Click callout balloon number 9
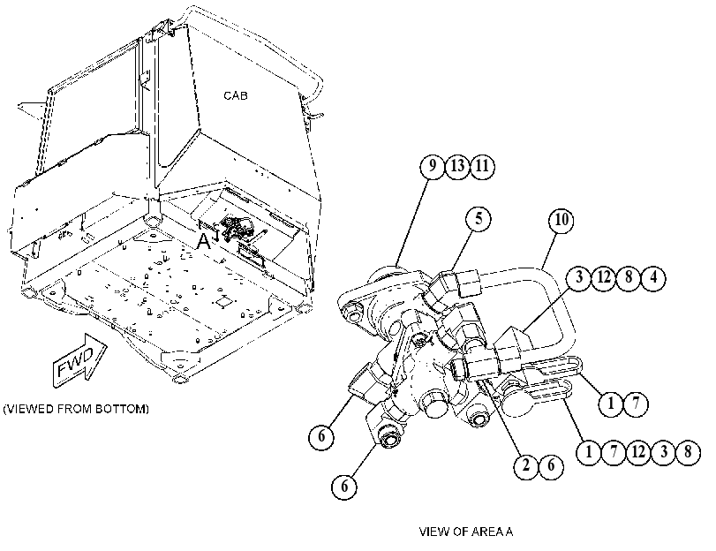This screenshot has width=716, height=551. click(432, 166)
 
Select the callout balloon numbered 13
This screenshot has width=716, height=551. click(457, 166)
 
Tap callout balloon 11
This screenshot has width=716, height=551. click(482, 166)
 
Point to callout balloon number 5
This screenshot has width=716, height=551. click(479, 219)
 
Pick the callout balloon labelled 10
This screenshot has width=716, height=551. click(561, 221)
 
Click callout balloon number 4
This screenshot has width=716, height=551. click(653, 277)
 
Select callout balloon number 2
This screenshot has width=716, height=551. click(526, 465)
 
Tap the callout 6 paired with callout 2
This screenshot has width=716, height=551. click(551, 465)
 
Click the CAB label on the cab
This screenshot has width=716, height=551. click(236, 95)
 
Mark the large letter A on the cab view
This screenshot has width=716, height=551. click(204, 241)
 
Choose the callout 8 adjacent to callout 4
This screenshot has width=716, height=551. click(629, 277)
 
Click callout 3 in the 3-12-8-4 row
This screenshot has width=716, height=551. click(579, 277)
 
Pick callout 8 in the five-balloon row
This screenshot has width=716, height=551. click(688, 452)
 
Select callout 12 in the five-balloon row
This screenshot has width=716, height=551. click(638, 452)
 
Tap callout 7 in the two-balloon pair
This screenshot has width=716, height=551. click(636, 404)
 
